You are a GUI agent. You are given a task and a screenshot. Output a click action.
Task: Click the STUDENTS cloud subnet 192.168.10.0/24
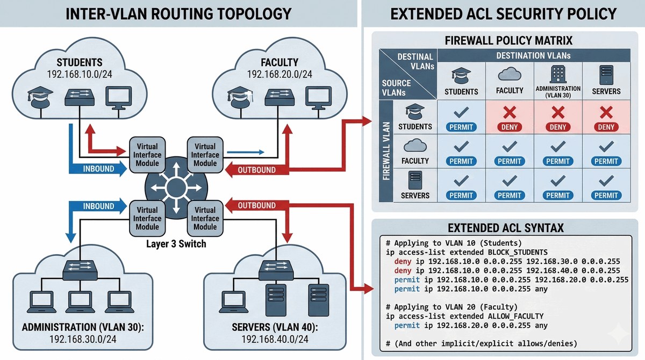coord(80,74)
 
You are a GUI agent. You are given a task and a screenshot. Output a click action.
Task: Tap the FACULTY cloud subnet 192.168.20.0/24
coord(279,74)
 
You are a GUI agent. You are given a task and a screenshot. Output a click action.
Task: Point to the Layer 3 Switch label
coord(176,244)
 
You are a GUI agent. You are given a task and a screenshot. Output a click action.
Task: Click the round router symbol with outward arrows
coord(176,188)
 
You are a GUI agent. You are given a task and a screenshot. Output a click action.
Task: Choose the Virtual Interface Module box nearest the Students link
coord(147,155)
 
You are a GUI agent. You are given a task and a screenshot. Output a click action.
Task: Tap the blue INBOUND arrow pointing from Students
coord(98,169)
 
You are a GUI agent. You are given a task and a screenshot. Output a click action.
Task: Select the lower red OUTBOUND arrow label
coord(256,205)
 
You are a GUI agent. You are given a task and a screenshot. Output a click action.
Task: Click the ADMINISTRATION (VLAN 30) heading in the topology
coord(83,327)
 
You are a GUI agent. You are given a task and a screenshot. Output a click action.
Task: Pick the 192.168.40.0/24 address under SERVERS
coord(275,339)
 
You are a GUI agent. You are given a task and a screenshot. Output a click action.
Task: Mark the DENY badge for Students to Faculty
coord(510,127)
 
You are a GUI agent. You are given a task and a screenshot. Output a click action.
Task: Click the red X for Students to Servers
coord(606,112)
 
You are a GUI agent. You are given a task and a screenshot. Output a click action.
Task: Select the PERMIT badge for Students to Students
coord(461,127)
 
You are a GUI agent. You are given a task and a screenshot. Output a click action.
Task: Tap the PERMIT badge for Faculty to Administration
coord(558,161)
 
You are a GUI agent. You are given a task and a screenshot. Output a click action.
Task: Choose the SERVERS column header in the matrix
coord(606,91)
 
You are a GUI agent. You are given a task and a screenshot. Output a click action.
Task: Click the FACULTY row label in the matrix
coord(415,161)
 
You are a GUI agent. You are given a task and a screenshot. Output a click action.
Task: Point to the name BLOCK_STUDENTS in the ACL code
coord(518,253)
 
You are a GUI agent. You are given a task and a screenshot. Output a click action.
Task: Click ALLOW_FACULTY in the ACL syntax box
coord(515,316)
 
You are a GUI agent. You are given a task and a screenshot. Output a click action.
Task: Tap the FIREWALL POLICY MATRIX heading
coord(508,41)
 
